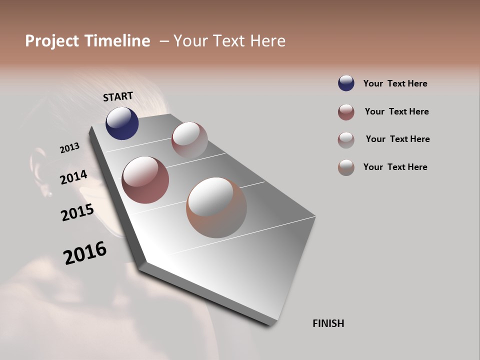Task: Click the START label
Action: coord(118,96)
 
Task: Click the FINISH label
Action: coord(328,323)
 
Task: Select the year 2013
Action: coord(69,148)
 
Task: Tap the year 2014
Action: coord(73,177)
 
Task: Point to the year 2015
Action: coord(77,212)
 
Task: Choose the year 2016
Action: coord(85,253)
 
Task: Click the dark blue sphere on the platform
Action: coord(122,123)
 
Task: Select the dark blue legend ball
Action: coord(346,83)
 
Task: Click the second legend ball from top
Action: coord(346,112)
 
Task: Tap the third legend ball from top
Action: coord(346,139)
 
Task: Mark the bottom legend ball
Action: coord(346,167)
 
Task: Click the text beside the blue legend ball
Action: coord(395,83)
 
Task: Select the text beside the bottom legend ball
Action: coord(395,167)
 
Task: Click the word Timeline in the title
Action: coord(117,41)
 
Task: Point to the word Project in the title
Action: coord(53,41)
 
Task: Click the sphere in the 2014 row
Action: coord(145,180)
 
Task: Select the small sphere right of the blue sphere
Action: coord(189,139)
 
